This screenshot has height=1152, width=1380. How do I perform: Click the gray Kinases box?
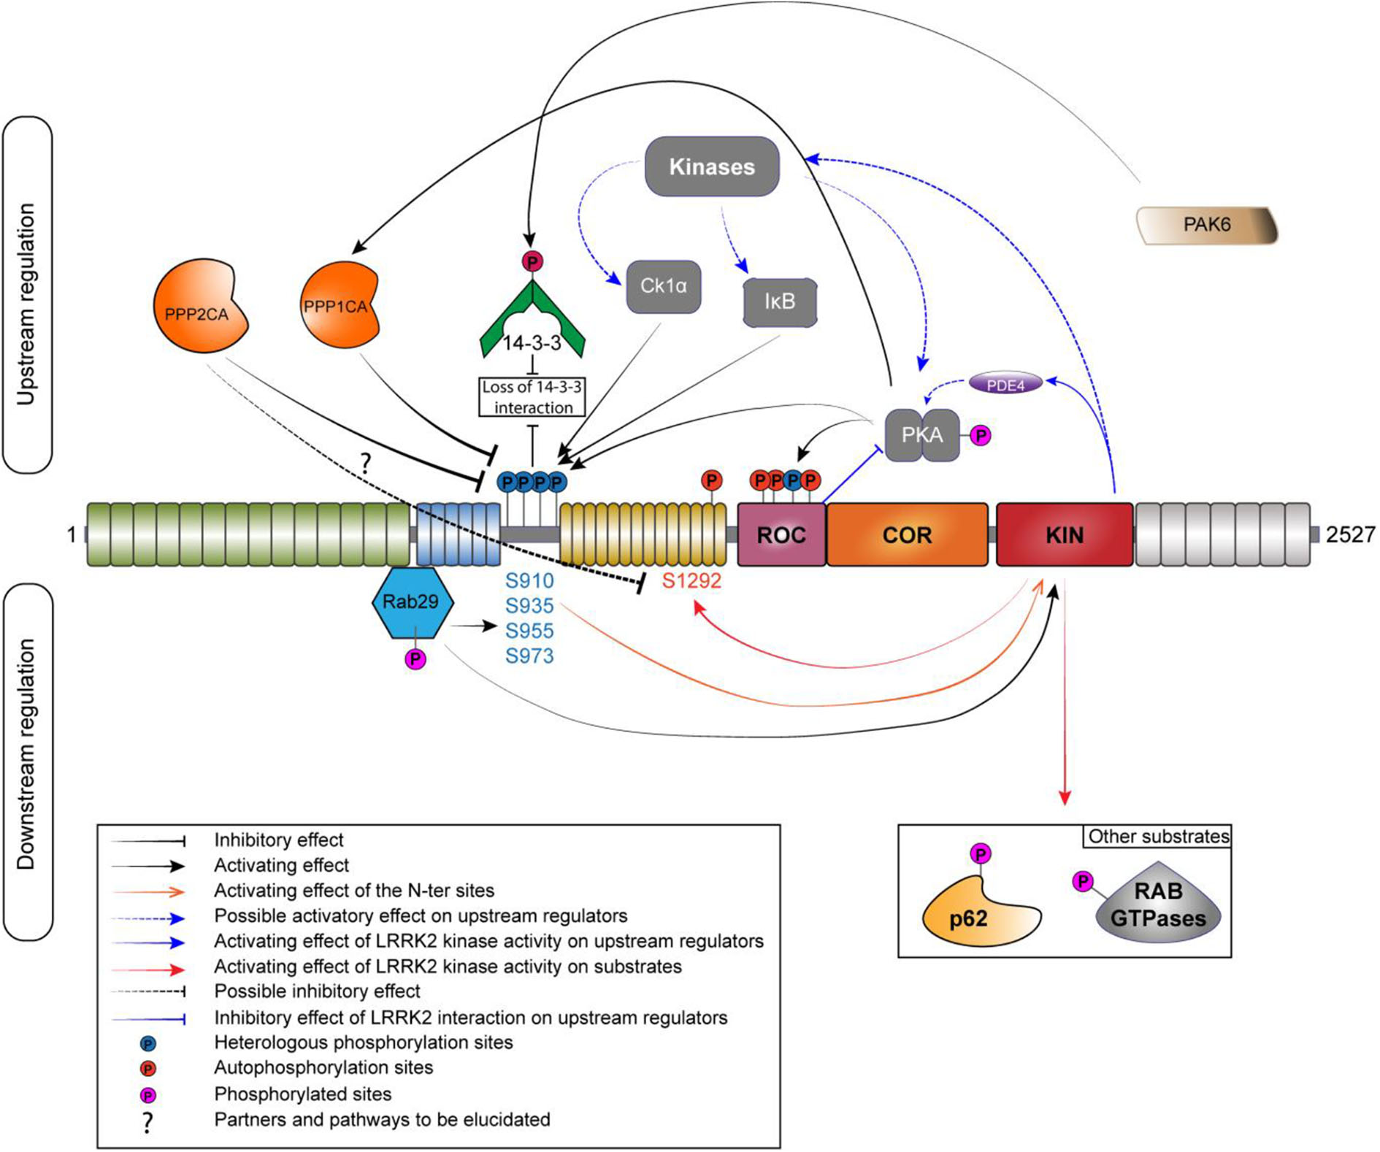[712, 166]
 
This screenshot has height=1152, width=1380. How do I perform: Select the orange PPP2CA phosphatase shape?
[199, 307]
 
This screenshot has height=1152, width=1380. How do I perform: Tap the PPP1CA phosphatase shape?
[338, 305]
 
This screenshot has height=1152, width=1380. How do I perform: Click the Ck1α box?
[663, 286]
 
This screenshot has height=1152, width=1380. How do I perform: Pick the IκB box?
[779, 302]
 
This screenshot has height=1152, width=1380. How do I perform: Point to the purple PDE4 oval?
[1005, 384]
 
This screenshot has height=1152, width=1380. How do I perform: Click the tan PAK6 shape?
[1206, 225]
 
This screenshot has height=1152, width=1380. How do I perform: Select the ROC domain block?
[781, 534]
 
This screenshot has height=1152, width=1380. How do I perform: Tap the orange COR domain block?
[907, 534]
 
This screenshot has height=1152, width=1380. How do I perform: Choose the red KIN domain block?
[1064, 534]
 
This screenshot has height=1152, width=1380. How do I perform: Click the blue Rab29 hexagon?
[412, 603]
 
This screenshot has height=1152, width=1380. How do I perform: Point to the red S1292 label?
[691, 581]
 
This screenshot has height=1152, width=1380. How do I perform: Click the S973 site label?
[529, 656]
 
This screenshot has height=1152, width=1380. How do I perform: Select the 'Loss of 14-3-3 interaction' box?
[532, 397]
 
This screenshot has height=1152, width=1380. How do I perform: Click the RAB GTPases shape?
[1158, 905]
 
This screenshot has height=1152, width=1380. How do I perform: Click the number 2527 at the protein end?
[1350, 535]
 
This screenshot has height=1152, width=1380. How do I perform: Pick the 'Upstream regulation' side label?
[26, 304]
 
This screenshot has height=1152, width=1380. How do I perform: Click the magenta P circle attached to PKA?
[981, 436]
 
